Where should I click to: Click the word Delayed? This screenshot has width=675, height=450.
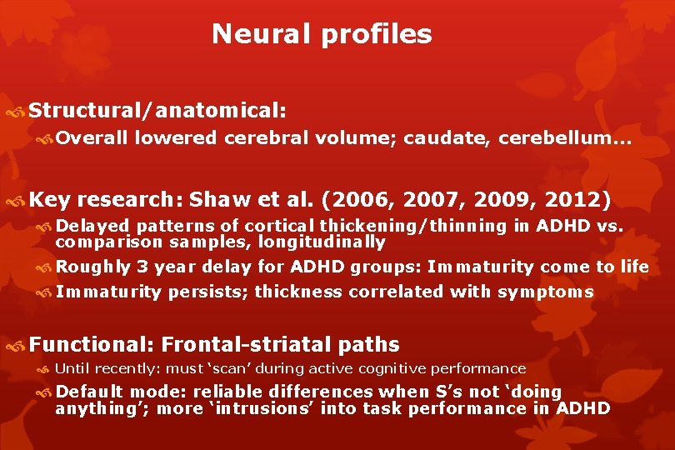pos(93,227)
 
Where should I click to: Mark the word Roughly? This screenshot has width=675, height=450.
pos(93,267)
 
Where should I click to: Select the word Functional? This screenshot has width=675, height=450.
pos(92,344)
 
